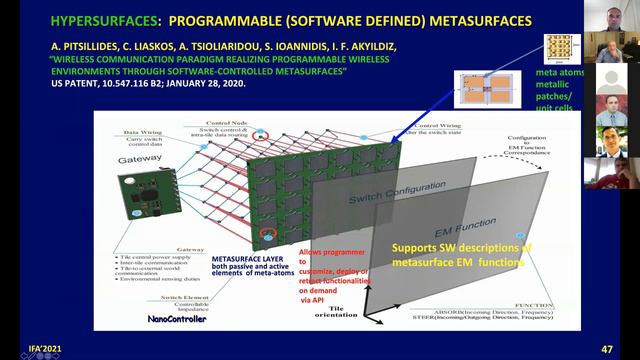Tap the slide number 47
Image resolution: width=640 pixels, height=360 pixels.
607,349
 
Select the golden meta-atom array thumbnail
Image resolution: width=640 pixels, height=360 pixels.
560,48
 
